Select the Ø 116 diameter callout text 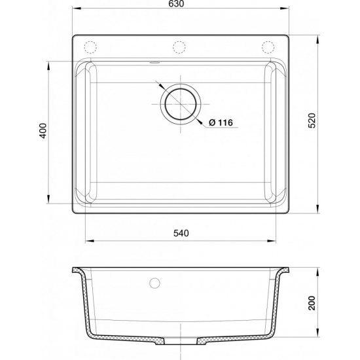[x=221, y=122]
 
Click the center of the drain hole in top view [x=179, y=105]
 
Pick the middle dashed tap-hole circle [x=179, y=47]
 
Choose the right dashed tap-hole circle [x=268, y=47]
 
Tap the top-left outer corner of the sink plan [x=72, y=36]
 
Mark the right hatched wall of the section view [x=278, y=301]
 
